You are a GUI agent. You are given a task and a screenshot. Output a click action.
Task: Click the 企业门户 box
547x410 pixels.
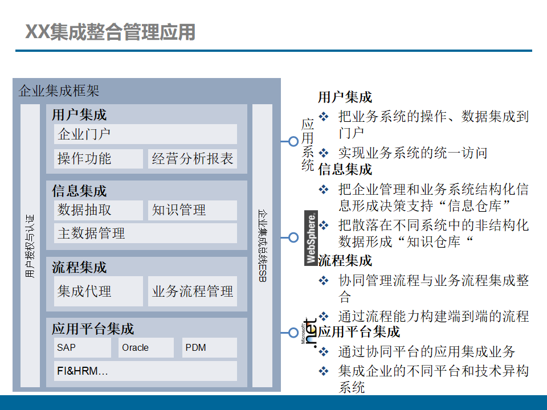[x=145, y=134]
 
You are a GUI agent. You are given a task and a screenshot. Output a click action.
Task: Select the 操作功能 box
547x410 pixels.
[x=99, y=159]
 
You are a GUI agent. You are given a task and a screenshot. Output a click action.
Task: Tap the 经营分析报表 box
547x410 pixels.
[x=193, y=159]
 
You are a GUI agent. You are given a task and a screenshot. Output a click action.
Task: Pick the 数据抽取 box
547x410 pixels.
[x=99, y=210]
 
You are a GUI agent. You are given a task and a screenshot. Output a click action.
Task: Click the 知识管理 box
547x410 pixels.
[x=193, y=210]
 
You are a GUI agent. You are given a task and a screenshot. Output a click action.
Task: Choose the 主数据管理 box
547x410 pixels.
[x=145, y=233]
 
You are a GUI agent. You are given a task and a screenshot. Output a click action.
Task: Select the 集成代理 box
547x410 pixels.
[x=99, y=292]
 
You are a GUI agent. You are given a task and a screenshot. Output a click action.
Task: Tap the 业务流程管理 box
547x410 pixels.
[x=193, y=292]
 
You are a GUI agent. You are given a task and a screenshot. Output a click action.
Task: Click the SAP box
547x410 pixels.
[x=83, y=347]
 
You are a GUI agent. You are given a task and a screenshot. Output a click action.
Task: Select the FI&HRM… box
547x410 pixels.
[x=145, y=371]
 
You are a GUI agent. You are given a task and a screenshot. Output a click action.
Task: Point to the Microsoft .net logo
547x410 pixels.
[x=309, y=332]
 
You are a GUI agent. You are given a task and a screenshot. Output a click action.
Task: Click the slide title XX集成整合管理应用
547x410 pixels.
[x=111, y=32]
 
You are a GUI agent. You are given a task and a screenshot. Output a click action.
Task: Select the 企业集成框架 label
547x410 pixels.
[x=59, y=91]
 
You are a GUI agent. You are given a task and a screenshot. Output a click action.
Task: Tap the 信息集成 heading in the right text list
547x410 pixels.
[x=345, y=170]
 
